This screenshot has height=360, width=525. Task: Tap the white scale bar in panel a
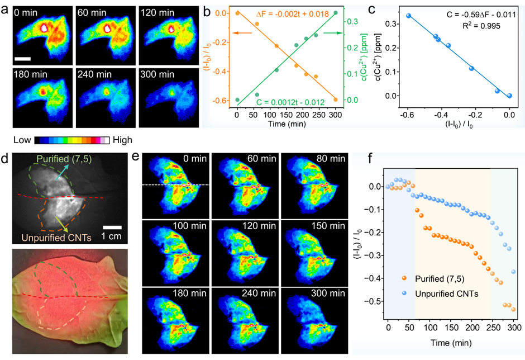tap(22, 58)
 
